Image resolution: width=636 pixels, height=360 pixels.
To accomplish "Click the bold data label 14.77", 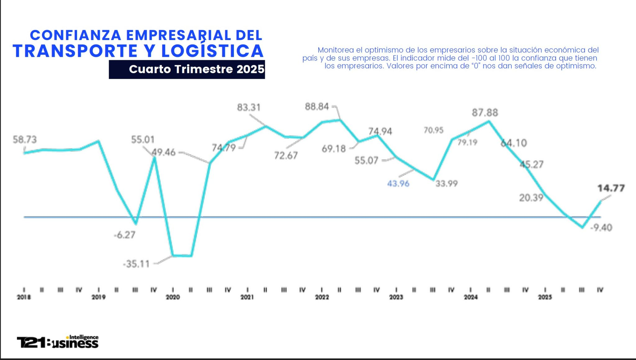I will click(611, 188).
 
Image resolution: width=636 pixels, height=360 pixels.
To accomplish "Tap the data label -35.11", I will click(136, 264).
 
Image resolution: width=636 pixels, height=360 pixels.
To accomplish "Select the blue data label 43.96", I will click(398, 183).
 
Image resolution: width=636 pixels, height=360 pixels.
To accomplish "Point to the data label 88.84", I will click(316, 107).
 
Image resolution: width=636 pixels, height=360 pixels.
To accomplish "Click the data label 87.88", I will click(485, 112).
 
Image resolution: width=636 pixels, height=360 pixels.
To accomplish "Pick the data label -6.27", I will click(125, 235).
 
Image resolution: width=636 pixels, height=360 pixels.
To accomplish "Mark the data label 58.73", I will click(25, 140).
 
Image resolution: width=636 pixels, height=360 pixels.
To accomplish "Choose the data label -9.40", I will click(601, 227).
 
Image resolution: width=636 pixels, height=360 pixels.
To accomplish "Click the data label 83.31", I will click(249, 107).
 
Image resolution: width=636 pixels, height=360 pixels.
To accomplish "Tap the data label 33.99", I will click(446, 183).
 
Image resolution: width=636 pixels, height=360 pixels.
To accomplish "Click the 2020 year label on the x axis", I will click(173, 297).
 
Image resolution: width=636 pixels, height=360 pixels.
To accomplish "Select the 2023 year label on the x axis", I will click(396, 297).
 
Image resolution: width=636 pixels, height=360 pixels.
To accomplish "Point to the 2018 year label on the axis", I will click(24, 297).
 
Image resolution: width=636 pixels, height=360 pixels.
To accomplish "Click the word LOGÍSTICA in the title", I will click(212, 51).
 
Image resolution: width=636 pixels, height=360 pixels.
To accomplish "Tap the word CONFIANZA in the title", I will click(75, 35).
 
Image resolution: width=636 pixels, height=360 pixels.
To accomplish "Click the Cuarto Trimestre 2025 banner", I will click(187, 69).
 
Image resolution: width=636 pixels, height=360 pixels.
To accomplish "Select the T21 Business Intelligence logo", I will click(58, 342).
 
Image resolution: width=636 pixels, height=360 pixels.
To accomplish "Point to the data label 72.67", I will click(286, 155).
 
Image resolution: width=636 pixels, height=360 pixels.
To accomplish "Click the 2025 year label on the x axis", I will click(545, 297).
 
